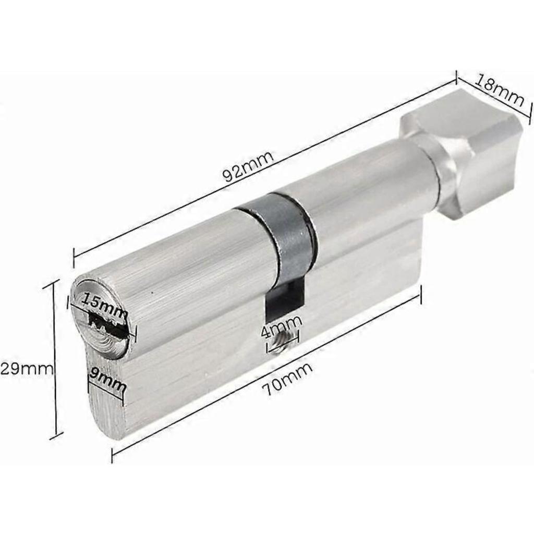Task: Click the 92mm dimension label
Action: pos(248,166)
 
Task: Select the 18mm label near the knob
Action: pos(499,89)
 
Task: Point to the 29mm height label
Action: pos(26,369)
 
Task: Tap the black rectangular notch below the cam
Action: pos(284,300)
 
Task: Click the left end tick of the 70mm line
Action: pos(113,455)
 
